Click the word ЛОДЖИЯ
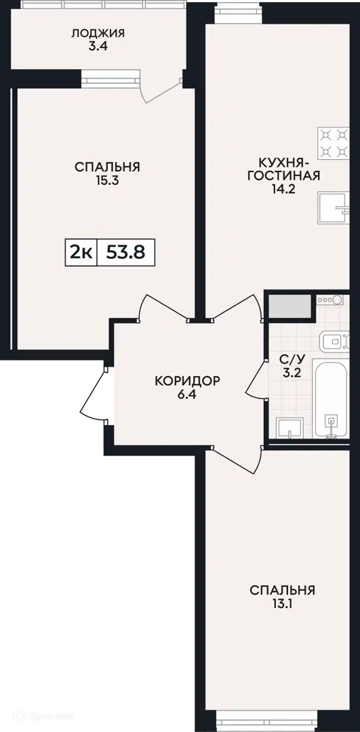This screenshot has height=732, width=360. pyautogui.click(x=98, y=33)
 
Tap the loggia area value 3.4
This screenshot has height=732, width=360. pyautogui.click(x=98, y=47)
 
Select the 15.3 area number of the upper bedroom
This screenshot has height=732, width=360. pyautogui.click(x=107, y=181)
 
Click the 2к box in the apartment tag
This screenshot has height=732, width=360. pyautogui.click(x=81, y=253)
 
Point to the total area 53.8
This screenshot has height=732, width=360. pyautogui.click(x=125, y=253)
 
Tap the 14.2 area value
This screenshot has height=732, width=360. pyautogui.click(x=283, y=189)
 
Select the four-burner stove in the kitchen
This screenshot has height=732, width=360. pyautogui.click(x=333, y=143)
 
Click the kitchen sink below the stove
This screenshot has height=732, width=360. pyautogui.click(x=334, y=208)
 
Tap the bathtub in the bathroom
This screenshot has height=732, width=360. pyautogui.click(x=331, y=399)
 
